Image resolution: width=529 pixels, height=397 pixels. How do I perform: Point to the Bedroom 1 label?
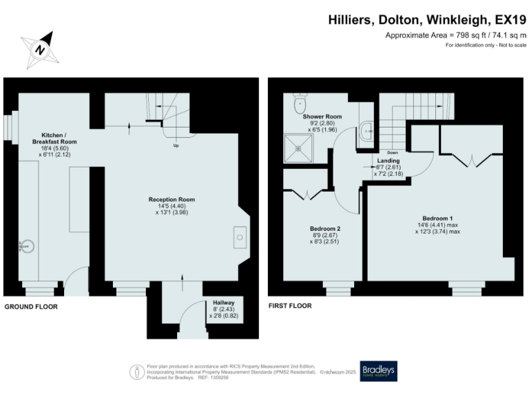point(437,218)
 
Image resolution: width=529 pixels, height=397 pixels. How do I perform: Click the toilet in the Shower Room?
point(300,104)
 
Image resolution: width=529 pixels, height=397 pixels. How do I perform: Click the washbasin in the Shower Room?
point(366,128)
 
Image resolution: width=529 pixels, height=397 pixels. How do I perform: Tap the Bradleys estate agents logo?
point(378,371)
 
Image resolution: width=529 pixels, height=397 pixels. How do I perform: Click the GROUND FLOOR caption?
point(31,306)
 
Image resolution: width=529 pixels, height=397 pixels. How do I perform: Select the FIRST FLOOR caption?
point(289,306)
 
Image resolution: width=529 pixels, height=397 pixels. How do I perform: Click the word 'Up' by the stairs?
point(176,145)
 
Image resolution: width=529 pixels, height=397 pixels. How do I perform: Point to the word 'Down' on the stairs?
point(392,152)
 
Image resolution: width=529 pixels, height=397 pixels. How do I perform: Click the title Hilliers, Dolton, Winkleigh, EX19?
point(427,21)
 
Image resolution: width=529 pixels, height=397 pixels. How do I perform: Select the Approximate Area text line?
point(455,35)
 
